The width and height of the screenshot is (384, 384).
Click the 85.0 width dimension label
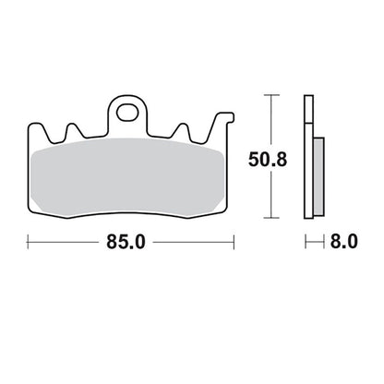point(126,242)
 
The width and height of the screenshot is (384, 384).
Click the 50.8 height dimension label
point(268,160)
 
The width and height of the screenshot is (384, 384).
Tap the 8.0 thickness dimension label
point(344,242)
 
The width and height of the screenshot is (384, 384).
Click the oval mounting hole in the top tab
point(127,113)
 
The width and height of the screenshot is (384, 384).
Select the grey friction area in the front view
point(127,177)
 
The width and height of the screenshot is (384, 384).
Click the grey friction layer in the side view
point(318,176)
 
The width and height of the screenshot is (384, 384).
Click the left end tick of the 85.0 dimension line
point(28,242)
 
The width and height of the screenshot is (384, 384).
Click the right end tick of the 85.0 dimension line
point(234,242)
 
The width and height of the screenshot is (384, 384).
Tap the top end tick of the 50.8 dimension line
point(271,95)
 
